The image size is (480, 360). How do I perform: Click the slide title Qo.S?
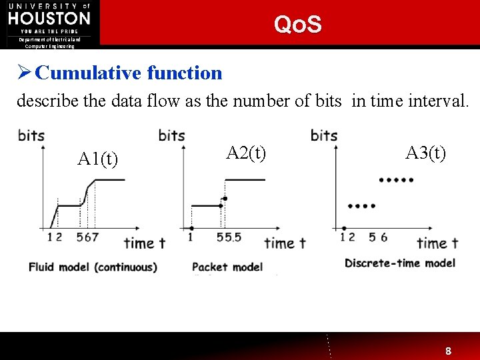point(297,25)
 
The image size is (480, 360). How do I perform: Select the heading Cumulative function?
point(128,73)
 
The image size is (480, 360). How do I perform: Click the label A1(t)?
point(98,159)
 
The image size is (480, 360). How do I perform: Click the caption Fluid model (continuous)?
point(93,267)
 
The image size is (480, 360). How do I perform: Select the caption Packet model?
point(227,267)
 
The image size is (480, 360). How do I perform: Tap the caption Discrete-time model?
point(399,263)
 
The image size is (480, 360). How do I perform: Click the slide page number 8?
point(449,351)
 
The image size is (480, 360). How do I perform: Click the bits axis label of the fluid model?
point(31,135)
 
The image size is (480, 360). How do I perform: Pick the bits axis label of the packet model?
point(172,135)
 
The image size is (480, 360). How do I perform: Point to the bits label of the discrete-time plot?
point(324,135)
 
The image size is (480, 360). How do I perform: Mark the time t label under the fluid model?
point(144,243)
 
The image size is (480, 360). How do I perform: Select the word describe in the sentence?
point(45,101)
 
